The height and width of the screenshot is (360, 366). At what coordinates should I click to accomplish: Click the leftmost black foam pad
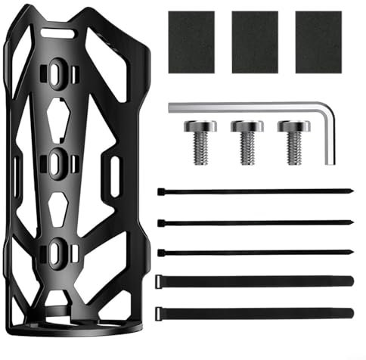(191, 42)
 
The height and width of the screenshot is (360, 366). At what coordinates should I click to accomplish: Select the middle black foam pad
(254, 42)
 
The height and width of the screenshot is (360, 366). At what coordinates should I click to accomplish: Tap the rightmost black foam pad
(318, 42)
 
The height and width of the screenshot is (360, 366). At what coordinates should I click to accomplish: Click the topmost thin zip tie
(255, 191)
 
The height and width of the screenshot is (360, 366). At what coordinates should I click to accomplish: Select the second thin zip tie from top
(255, 222)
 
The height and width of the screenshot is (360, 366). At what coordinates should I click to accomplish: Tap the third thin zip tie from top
(255, 252)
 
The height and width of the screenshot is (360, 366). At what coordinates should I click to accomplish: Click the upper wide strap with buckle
(255, 281)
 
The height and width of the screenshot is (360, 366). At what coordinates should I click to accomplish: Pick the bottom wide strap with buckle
(255, 311)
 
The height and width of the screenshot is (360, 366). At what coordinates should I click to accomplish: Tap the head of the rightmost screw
(293, 126)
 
